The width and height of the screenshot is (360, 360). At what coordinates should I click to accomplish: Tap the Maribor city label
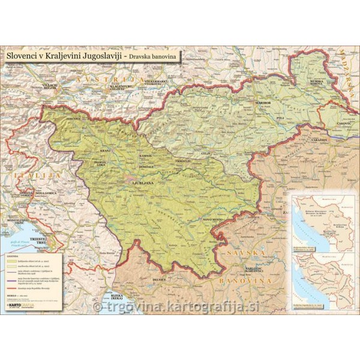tap(264, 103)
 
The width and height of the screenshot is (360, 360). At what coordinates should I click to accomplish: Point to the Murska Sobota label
tap(317, 82)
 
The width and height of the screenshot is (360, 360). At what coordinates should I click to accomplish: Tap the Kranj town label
tap(106, 149)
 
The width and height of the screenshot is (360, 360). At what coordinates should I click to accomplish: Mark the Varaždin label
tap(318, 140)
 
